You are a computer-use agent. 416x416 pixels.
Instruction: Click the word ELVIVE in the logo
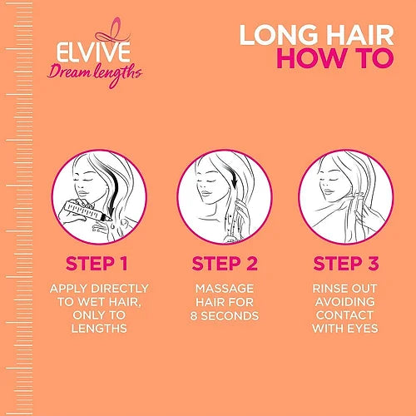93,52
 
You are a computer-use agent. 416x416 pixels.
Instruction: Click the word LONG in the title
279,35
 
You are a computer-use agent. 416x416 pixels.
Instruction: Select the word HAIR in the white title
359,35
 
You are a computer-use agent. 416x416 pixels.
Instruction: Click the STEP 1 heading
97,264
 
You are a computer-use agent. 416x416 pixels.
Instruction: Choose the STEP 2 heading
225,264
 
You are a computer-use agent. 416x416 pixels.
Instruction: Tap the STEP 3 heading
346,264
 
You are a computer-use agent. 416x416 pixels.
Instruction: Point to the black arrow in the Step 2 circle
230,174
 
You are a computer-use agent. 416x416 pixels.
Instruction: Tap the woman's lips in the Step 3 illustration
328,191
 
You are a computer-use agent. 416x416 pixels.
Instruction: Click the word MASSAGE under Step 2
225,289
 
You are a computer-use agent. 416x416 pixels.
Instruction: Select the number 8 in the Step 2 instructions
194,316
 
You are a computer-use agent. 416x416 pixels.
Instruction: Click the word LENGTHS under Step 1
99,329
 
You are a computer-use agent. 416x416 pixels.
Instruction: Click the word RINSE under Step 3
328,289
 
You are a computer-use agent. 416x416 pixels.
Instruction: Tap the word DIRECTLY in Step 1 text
120,289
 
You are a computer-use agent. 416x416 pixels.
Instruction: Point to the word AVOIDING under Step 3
345,302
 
